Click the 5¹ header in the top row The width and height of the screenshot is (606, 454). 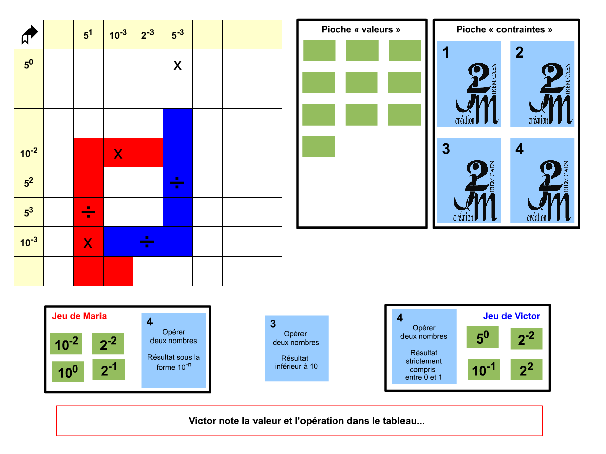(88, 35)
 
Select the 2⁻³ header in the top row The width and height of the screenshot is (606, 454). (147, 35)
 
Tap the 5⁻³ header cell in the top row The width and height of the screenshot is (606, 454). (177, 35)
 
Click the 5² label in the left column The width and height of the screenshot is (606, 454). (29, 183)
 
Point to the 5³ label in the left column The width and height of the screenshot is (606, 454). (29, 212)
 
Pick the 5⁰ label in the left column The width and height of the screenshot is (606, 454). (29, 64)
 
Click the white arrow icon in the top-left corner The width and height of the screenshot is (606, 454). (29, 34)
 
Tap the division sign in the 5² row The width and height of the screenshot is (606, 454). (177, 183)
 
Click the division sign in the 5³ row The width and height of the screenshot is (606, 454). (88, 212)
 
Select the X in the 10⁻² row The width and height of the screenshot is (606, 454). (118, 153)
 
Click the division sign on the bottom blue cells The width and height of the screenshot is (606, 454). (147, 242)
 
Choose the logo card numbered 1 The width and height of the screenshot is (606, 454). (469, 84)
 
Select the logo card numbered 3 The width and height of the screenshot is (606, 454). (469, 181)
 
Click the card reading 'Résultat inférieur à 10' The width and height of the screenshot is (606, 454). (296, 349)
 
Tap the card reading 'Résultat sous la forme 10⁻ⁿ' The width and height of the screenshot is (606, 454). (174, 351)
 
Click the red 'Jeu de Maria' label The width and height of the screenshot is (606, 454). (79, 316)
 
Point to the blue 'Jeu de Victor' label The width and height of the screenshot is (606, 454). (512, 316)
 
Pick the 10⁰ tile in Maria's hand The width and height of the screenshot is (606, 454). (68, 372)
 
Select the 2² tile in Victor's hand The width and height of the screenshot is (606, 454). (526, 370)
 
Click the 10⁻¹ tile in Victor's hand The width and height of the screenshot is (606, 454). (483, 370)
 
